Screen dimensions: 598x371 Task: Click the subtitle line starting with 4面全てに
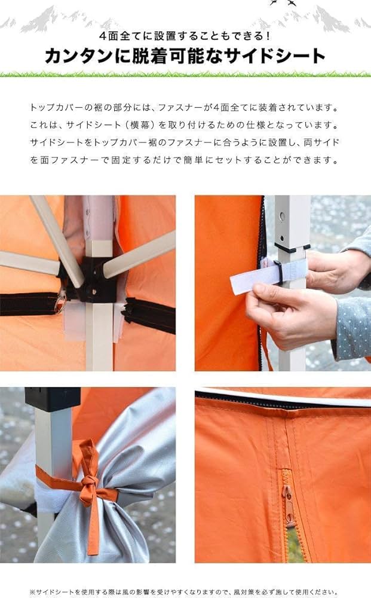[185, 35]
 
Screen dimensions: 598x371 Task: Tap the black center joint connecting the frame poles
[96, 281]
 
